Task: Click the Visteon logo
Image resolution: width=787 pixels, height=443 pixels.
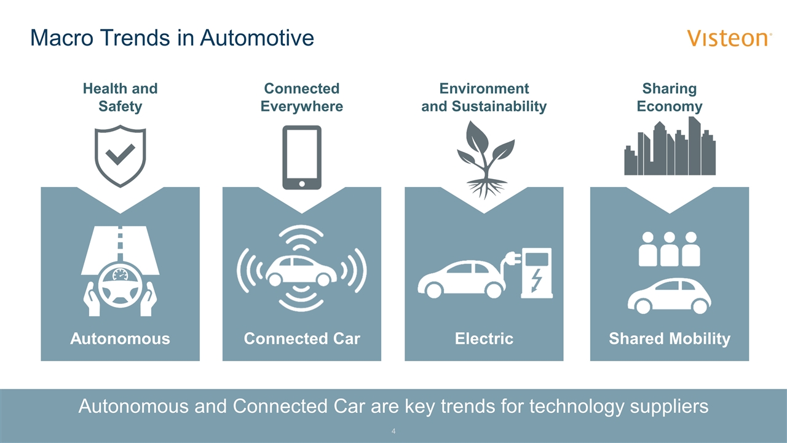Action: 729,38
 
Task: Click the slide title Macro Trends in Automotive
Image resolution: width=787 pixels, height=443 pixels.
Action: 172,38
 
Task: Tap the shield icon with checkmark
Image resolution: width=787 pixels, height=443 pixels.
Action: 120,156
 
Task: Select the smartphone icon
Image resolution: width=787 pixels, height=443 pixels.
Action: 302,158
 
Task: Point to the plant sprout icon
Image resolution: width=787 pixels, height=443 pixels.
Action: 485,160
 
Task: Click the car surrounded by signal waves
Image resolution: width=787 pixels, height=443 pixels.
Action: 301,270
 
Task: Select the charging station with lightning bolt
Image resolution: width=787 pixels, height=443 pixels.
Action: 536,273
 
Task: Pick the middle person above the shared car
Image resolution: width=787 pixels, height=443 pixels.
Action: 670,249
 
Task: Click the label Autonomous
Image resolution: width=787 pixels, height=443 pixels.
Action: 120,338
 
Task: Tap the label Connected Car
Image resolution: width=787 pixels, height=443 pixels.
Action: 302,338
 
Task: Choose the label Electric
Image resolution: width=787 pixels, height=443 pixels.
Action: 484,338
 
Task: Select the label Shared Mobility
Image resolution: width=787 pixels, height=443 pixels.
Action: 670,339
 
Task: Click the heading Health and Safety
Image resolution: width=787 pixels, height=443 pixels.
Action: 120,97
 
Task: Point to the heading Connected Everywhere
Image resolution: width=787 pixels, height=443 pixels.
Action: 302,97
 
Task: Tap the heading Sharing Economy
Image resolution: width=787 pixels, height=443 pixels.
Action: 670,97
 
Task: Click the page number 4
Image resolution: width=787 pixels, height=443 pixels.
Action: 393,431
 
